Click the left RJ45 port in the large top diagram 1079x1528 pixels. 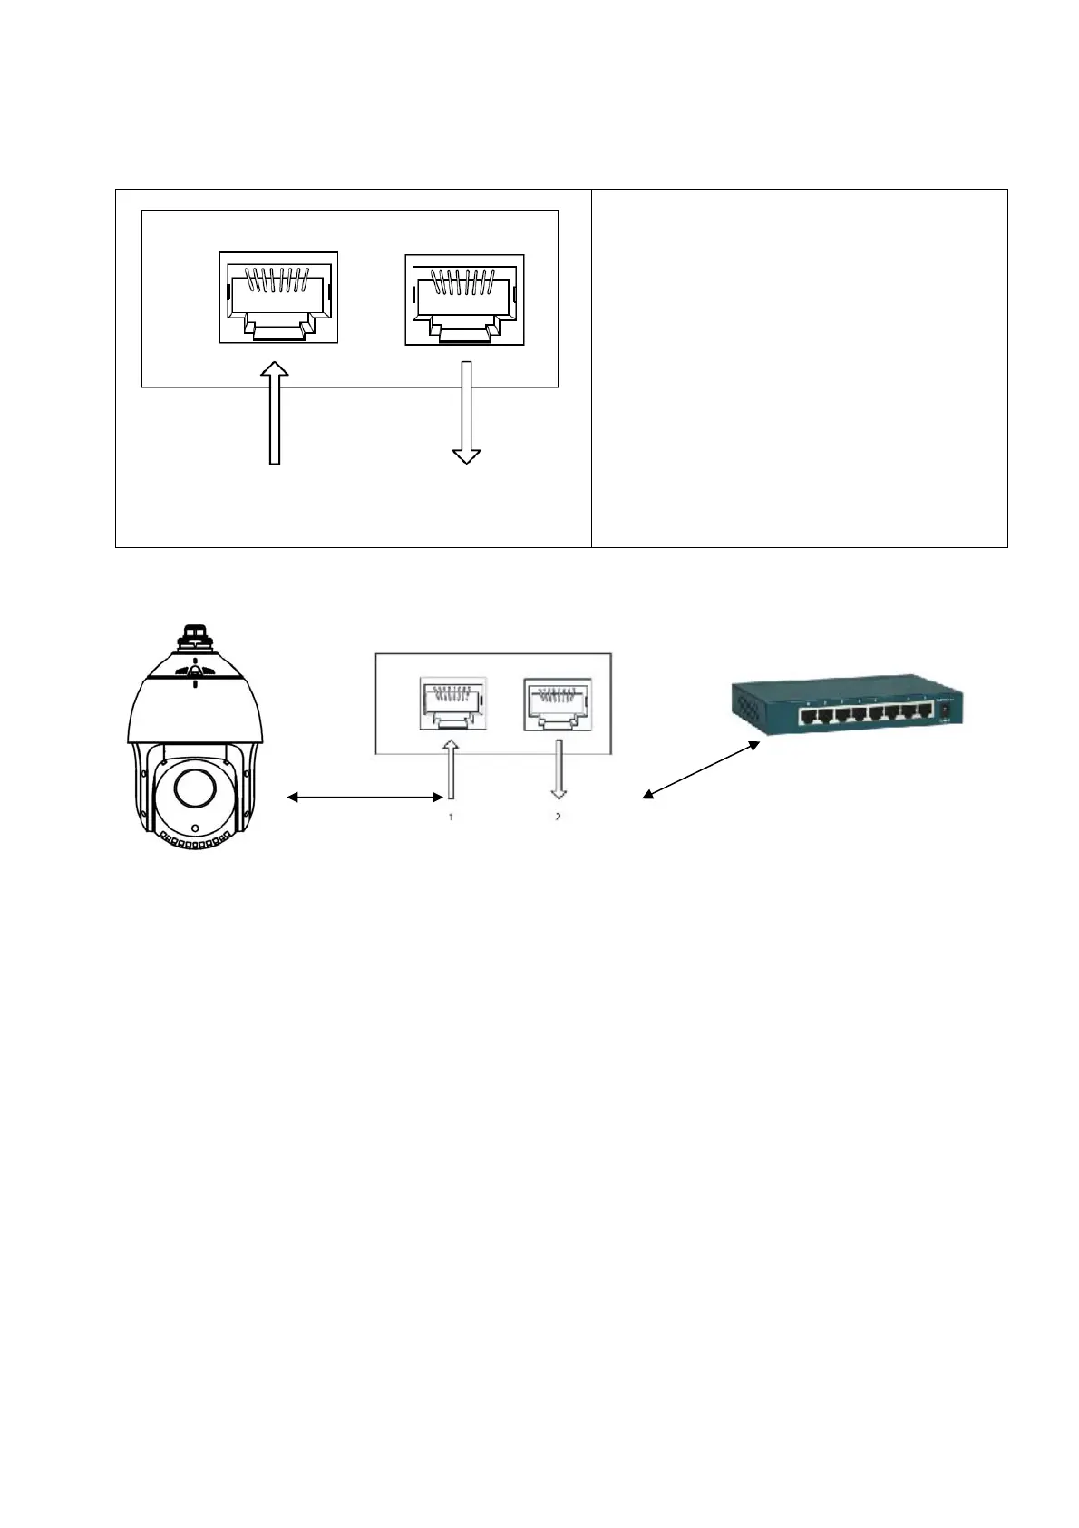[x=277, y=297]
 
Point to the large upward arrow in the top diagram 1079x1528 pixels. [x=275, y=413]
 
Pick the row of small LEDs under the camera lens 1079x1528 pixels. [x=192, y=842]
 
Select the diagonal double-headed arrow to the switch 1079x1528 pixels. [x=701, y=769]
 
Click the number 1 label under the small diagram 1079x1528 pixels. [x=450, y=817]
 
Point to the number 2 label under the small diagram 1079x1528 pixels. [x=558, y=817]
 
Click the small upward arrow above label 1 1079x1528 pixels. [x=451, y=768]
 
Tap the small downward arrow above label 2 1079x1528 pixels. [x=559, y=768]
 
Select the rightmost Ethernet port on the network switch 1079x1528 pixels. [x=923, y=712]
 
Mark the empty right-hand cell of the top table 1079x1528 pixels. [x=799, y=367]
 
